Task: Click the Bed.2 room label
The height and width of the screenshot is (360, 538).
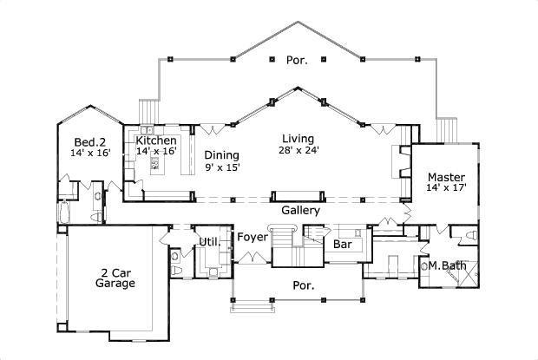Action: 89,141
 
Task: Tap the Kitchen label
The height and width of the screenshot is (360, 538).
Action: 156,141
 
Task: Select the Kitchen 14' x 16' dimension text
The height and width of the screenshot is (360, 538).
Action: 155,151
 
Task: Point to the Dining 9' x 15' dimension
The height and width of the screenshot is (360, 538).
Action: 222,167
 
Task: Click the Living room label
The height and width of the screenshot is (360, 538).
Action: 298,139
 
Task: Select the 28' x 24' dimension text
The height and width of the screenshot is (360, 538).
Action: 298,150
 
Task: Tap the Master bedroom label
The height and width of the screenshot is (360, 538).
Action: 444,174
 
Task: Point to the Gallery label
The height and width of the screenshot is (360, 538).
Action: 301,210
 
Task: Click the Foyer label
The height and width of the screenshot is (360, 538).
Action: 252,236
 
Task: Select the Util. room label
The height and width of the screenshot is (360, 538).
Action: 209,241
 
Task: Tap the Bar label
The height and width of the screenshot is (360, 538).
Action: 342,244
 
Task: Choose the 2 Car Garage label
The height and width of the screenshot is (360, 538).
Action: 115,276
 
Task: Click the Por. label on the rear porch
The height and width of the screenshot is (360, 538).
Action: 296,60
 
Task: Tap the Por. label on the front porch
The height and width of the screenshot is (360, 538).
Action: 299,285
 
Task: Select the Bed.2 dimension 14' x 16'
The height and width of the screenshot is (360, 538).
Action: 89,153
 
